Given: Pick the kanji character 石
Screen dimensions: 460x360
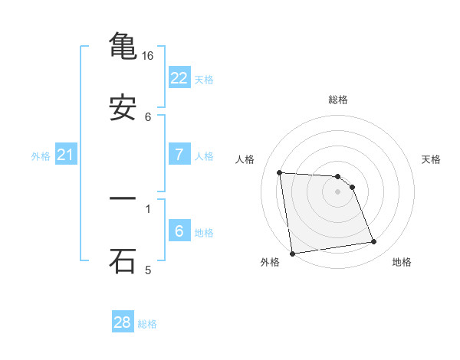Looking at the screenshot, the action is [x=123, y=260].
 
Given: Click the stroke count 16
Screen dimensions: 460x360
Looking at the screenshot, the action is [x=148, y=56].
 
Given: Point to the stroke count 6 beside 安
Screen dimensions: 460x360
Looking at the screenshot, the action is [x=148, y=117].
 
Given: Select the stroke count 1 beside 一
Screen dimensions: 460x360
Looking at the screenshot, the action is [x=148, y=208].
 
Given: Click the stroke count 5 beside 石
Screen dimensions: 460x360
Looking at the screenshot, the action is [x=148, y=270].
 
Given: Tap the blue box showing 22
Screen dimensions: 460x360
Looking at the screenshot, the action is [x=179, y=77].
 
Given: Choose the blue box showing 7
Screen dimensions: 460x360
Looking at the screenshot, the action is [x=179, y=154].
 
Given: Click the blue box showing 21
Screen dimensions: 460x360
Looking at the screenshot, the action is [x=66, y=155].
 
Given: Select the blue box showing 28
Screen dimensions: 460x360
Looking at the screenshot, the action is [x=123, y=322].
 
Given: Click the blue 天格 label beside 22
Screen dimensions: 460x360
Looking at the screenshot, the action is [x=204, y=79].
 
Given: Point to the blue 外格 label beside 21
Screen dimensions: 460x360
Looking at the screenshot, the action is [x=41, y=156].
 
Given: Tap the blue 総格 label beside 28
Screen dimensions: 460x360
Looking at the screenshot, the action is [x=147, y=324].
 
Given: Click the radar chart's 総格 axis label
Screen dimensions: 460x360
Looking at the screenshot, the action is [x=338, y=100].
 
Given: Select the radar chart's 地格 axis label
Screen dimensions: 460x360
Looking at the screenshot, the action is [x=402, y=263].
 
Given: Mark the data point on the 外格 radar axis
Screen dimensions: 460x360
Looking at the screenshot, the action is [x=292, y=253].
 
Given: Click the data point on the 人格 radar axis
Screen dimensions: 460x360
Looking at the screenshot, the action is [x=280, y=172].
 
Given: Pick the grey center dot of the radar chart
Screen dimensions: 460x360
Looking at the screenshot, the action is [x=338, y=191].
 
